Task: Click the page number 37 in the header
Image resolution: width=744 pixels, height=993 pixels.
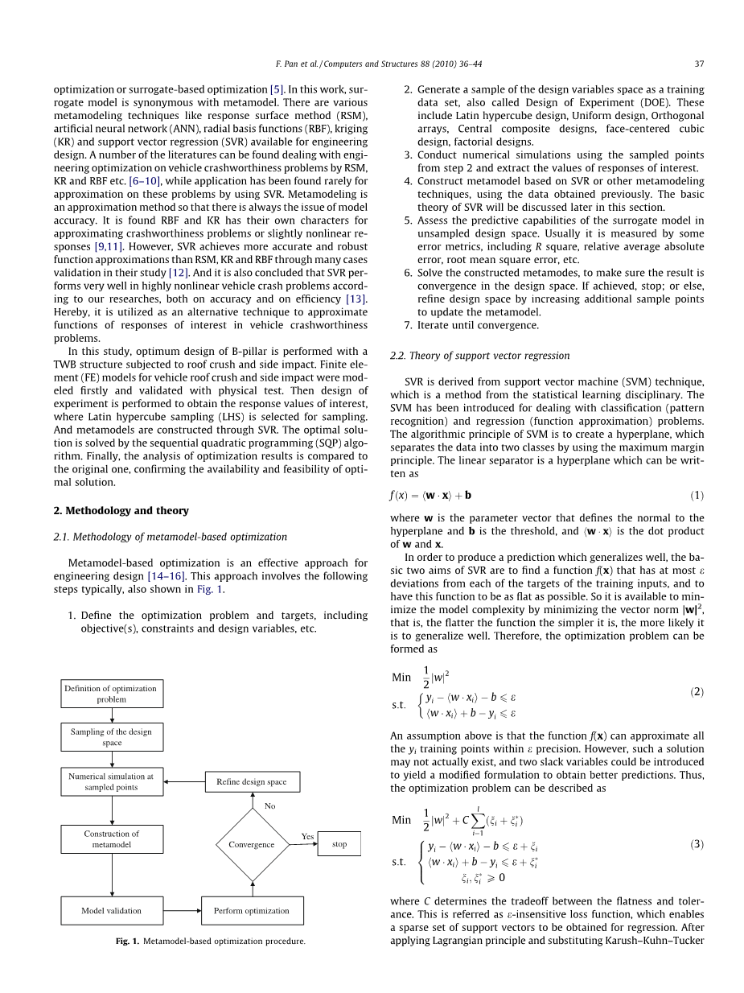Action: [x=699, y=64]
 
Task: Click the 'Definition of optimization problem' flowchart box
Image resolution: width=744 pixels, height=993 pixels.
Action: [x=112, y=694]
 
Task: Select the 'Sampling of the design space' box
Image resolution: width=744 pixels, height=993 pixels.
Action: [x=112, y=737]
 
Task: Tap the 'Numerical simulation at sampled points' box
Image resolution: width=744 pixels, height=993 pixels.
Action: [x=112, y=781]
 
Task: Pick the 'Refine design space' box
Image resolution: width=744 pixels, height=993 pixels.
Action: [x=252, y=781]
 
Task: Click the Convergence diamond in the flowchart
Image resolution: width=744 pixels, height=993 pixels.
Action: [x=252, y=844]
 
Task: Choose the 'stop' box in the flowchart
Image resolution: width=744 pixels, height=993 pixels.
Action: [x=339, y=844]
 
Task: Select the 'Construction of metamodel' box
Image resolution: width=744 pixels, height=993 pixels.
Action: [x=112, y=839]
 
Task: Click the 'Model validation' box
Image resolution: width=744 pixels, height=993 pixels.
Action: [x=112, y=910]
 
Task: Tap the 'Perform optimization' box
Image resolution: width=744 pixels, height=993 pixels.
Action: [x=252, y=910]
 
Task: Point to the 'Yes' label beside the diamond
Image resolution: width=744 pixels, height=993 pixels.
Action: [x=307, y=836]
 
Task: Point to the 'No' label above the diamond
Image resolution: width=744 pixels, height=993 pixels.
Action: [x=270, y=805]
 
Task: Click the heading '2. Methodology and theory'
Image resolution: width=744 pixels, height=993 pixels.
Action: [x=121, y=510]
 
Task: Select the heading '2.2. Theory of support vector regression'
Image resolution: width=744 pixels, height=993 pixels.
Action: [x=479, y=355]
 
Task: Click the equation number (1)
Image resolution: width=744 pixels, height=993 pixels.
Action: [x=697, y=495]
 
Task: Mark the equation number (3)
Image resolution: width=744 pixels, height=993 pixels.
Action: [x=697, y=844]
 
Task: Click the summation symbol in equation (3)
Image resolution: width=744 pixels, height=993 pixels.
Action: [x=476, y=820]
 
